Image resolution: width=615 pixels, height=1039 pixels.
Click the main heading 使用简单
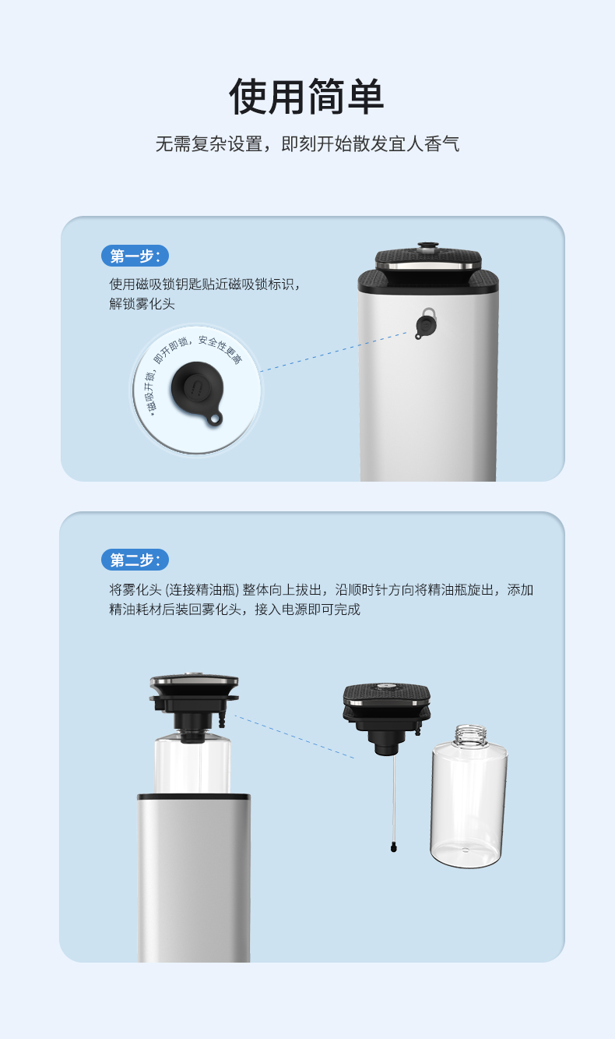(x=307, y=97)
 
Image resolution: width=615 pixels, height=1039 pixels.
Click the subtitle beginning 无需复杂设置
(x=307, y=143)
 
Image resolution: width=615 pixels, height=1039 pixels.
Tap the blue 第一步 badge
(x=135, y=256)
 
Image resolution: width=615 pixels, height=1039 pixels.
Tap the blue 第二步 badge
(x=135, y=560)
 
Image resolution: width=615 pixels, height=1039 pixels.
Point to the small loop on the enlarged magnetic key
(x=214, y=419)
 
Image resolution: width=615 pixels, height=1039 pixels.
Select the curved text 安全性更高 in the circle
(x=221, y=349)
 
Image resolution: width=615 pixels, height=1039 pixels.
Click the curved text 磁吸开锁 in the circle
(x=150, y=391)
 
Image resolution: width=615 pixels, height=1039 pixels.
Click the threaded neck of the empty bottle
(x=471, y=735)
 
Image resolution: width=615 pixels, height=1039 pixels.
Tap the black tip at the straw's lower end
(x=394, y=847)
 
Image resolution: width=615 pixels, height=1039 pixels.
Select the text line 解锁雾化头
(x=142, y=304)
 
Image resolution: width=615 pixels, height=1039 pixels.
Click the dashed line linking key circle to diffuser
(x=333, y=352)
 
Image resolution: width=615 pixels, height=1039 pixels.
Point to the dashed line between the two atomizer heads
(x=294, y=737)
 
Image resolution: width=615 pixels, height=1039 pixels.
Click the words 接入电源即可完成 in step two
(x=307, y=609)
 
